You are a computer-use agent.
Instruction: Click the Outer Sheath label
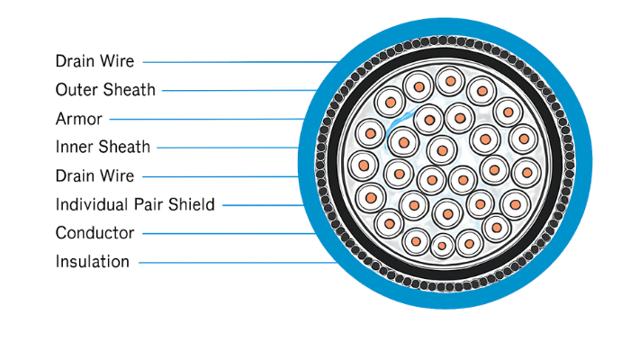click(104, 90)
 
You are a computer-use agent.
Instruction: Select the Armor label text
click(79, 119)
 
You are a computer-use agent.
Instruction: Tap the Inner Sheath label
click(103, 147)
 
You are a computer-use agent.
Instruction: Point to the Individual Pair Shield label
click(135, 204)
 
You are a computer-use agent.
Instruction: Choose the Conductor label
click(94, 233)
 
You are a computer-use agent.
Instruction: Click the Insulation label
click(91, 262)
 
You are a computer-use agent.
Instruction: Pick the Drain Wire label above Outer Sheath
click(94, 61)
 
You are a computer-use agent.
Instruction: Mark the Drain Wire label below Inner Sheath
click(94, 175)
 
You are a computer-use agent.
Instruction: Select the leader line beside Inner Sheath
click(225, 147)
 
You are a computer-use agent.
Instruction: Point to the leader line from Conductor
click(225, 233)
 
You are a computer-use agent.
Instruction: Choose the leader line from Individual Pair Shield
click(261, 205)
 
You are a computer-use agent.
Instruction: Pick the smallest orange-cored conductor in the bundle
click(443, 245)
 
